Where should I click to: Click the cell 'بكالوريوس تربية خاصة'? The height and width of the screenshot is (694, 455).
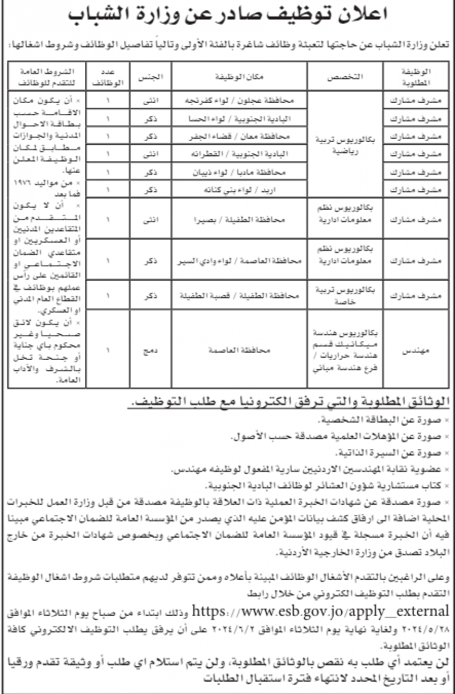pyautogui.click(x=346, y=295)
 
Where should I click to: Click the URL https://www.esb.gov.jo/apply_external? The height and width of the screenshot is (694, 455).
pyautogui.click(x=319, y=609)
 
